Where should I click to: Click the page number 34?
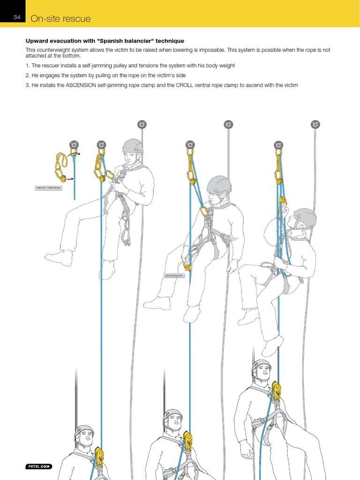[x=17, y=18]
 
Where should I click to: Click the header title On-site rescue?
[x=60, y=19]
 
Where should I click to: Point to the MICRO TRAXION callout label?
[x=49, y=187]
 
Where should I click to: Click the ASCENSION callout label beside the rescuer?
[x=173, y=276]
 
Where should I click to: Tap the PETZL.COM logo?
[x=38, y=466]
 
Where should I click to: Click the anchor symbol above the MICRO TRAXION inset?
[x=74, y=144]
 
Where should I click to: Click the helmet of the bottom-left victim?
[x=84, y=432]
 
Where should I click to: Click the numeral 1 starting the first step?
[x=27, y=66]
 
